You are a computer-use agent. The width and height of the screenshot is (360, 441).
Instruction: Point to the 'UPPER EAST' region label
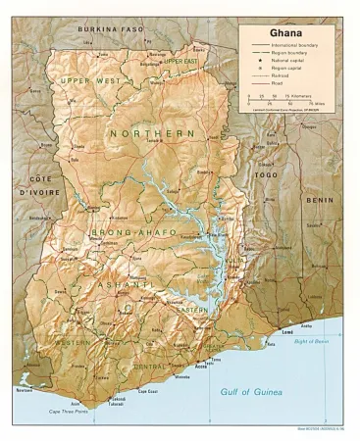(180, 61)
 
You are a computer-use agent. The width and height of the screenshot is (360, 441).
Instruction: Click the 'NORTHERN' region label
(152, 132)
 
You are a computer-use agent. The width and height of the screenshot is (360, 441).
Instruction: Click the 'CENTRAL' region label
(148, 366)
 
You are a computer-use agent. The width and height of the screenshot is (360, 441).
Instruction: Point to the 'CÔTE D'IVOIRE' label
(38, 186)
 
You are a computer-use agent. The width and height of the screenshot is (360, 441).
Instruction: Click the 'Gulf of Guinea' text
(249, 392)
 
